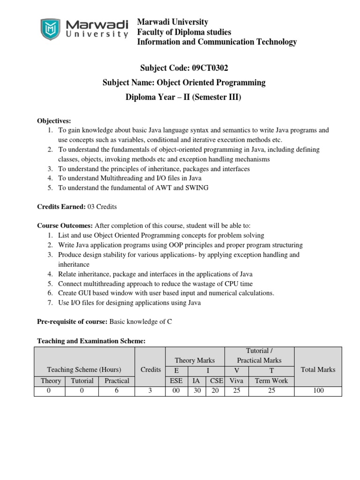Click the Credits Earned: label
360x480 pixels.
(61, 207)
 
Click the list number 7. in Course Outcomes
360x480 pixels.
(50, 302)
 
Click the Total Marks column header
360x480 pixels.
(318, 369)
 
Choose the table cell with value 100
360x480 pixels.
(318, 390)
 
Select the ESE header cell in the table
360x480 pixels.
(176, 381)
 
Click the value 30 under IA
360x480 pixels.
(196, 390)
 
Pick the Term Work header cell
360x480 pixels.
(271, 381)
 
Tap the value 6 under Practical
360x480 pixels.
(117, 390)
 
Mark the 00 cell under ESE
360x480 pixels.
(176, 390)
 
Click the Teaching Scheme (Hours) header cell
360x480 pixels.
(84, 369)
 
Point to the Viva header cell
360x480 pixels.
(237, 381)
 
